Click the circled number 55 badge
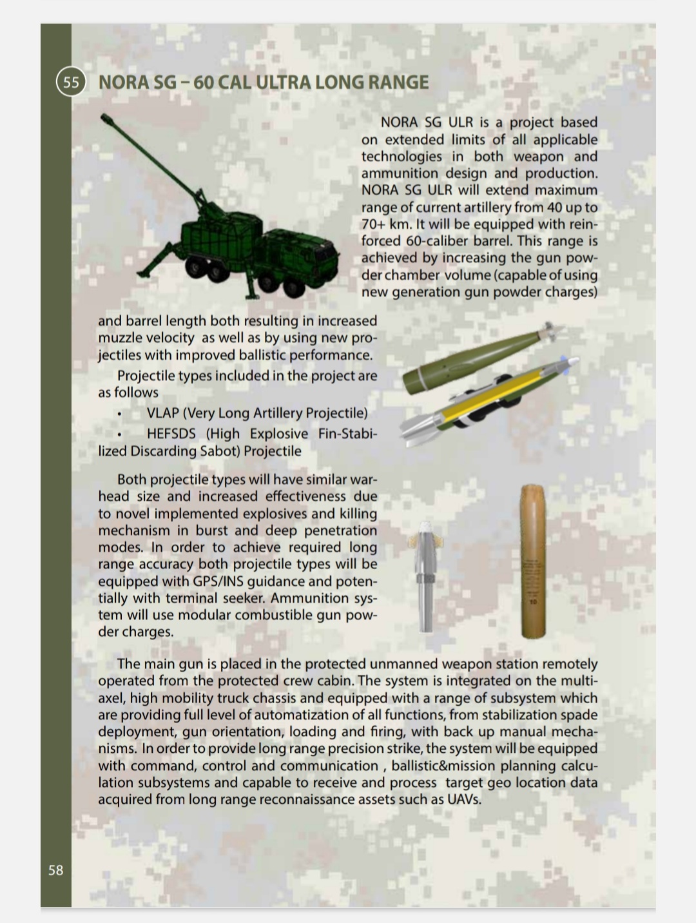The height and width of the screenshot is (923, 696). (x=71, y=83)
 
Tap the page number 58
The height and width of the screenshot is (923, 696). (x=56, y=870)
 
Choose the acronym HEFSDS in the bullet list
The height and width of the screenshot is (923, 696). (x=171, y=434)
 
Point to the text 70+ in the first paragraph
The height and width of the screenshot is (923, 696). (x=372, y=224)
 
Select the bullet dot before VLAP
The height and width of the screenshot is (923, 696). (x=120, y=414)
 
